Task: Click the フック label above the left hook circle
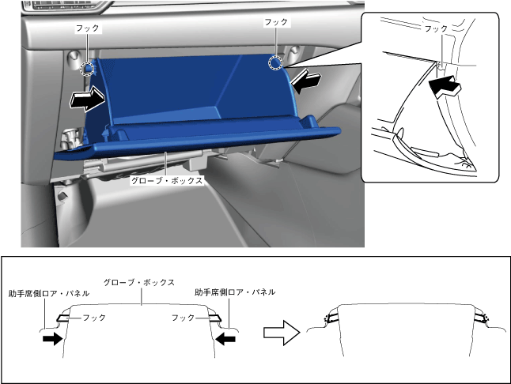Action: coord(87,28)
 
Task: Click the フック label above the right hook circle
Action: coord(276,22)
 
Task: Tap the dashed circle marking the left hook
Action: coord(87,68)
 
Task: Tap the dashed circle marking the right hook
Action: coord(275,63)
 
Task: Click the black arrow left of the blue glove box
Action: coord(87,98)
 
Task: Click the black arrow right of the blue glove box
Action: coord(306,81)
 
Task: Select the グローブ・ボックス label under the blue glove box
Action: coord(167,181)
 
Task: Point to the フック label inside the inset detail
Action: coord(436,28)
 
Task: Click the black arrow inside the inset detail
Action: coord(445,85)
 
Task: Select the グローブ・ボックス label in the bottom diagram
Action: coord(139,282)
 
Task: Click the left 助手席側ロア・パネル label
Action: coord(49,294)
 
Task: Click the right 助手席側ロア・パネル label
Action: coord(235,292)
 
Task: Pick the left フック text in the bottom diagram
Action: coord(94,318)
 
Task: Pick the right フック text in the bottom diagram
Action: coord(183,318)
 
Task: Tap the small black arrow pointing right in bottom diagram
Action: coord(52,339)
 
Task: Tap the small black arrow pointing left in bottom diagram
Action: coord(225,339)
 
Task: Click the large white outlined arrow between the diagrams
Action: coord(282,333)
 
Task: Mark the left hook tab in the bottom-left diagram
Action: coord(63,318)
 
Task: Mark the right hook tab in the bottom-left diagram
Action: coord(214,318)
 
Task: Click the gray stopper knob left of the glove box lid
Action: coord(70,138)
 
